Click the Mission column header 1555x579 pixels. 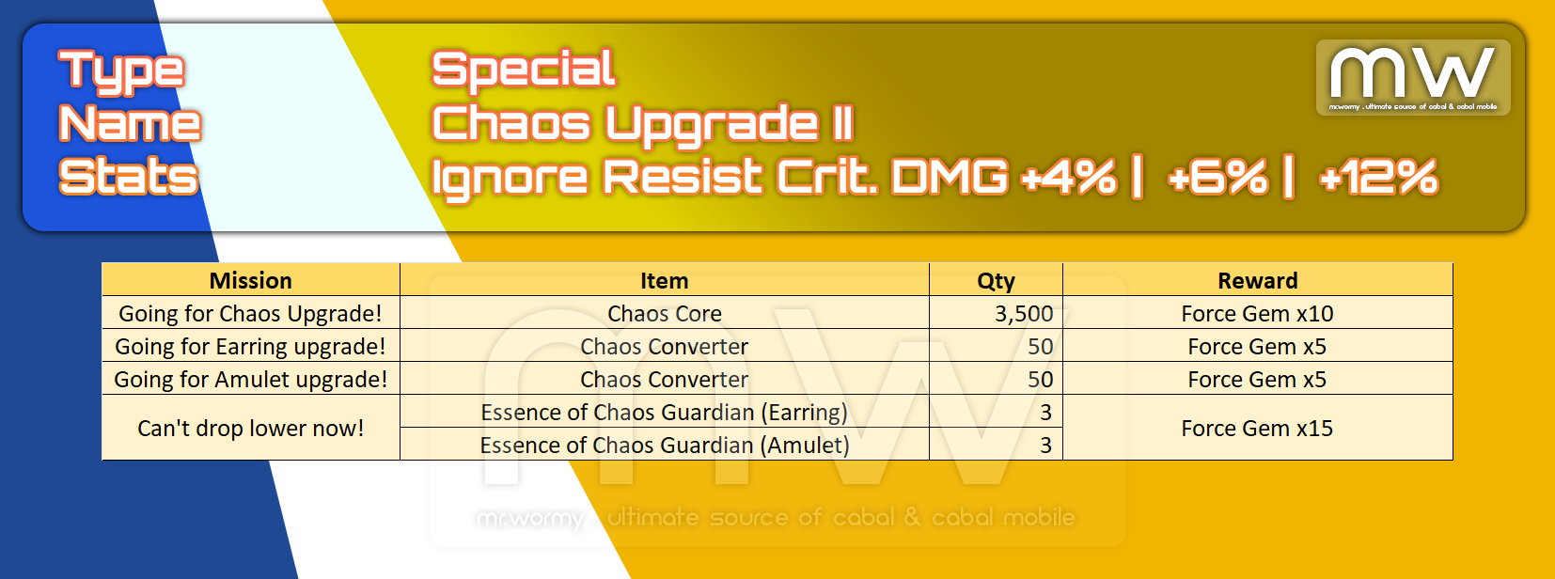coord(251,280)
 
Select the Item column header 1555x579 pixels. coord(665,280)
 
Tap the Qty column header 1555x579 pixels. coord(997,281)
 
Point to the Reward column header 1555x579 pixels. coord(1257,280)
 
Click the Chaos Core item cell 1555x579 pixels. coord(665,314)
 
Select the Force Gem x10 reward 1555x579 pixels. coord(1257,314)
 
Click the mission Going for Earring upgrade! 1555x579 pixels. coord(251,347)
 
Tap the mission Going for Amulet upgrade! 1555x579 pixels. coord(251,380)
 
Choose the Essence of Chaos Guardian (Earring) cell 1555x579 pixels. coord(665,413)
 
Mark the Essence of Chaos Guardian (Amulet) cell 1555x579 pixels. coord(665,445)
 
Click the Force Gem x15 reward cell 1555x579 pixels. coord(1257,429)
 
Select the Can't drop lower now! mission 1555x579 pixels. coord(251,429)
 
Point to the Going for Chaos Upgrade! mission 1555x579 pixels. coord(251,314)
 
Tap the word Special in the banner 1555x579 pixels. coord(524,70)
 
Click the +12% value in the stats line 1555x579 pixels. coord(1378,177)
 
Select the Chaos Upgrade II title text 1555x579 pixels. coord(642,123)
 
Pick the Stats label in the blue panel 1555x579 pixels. coord(129,177)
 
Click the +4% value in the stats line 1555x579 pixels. coord(1069,177)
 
